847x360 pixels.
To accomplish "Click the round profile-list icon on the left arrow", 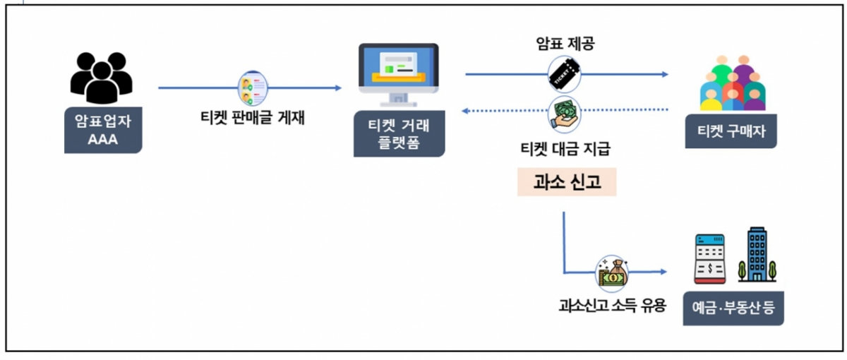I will [x=252, y=88].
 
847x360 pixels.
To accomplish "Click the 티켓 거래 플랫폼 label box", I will [x=400, y=134].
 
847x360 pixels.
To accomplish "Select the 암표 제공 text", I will [x=565, y=44].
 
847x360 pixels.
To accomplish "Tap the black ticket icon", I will [x=565, y=74].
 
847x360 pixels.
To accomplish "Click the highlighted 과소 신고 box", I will [x=567, y=183].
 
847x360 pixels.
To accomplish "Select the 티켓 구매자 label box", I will [x=731, y=131].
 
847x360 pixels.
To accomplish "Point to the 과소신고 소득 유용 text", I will [x=611, y=307].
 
